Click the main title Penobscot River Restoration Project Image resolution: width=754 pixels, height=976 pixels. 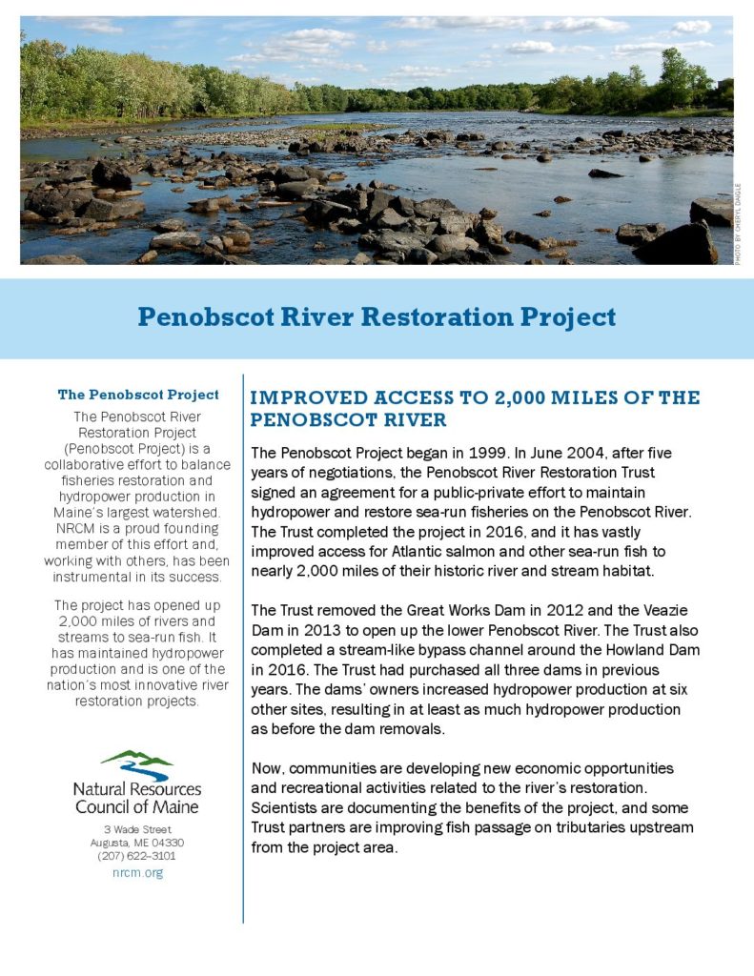pos(377,316)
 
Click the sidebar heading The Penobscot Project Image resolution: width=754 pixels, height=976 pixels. pos(138,395)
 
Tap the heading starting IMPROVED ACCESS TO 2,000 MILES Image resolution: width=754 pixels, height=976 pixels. pos(475,408)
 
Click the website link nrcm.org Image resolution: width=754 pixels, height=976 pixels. pos(137,873)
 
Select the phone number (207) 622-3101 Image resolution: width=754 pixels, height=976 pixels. pos(137,857)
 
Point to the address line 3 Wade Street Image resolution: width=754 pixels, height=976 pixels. pos(137,830)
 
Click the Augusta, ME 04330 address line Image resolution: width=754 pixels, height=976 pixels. pos(137,844)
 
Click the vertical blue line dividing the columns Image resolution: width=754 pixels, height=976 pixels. pos(243,648)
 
